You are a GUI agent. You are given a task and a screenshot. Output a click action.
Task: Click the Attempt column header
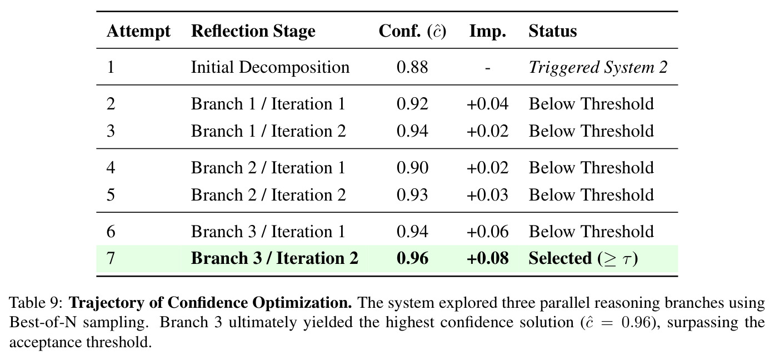[x=138, y=32]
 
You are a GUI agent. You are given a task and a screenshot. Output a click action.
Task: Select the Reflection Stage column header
[x=253, y=31]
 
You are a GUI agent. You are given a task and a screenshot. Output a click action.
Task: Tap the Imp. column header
[x=487, y=32]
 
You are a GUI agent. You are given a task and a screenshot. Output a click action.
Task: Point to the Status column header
[x=552, y=31]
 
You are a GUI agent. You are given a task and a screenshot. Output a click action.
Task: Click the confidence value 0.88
[x=412, y=67]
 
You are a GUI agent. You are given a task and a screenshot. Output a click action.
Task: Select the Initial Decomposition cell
[x=270, y=67]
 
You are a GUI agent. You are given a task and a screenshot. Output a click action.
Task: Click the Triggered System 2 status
[x=598, y=68]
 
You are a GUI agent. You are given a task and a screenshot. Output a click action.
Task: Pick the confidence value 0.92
[x=412, y=104]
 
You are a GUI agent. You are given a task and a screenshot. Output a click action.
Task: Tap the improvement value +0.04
[x=487, y=104]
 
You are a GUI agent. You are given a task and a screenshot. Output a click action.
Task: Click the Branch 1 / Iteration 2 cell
[x=268, y=131]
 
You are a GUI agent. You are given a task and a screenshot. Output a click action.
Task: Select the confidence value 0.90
[x=412, y=168]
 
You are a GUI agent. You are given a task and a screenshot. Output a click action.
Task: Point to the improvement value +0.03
[x=487, y=195]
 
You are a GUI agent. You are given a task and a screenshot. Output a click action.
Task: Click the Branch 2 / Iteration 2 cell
[x=268, y=195]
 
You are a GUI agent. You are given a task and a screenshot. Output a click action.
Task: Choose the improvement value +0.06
[x=487, y=232]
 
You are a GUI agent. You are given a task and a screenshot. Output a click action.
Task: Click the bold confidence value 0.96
[x=412, y=258]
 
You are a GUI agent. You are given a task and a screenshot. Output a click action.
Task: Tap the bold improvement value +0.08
[x=487, y=258]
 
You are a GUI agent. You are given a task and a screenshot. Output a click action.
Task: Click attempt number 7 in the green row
[x=111, y=258]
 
